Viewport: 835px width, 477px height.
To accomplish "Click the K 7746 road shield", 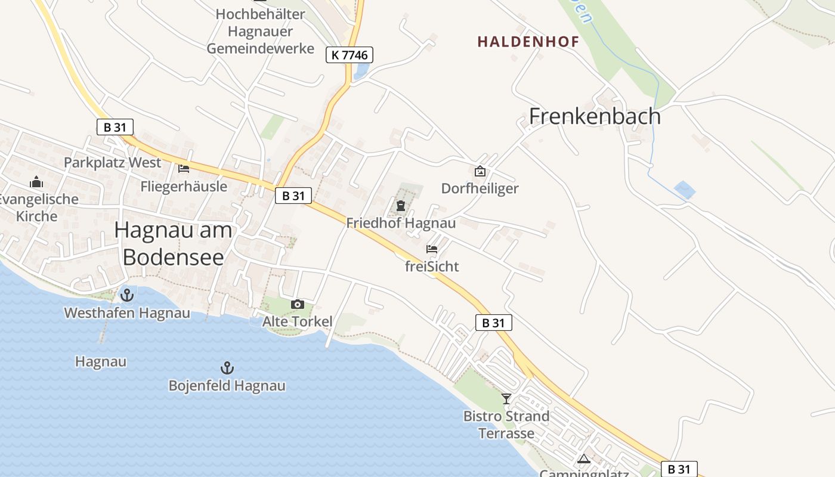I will [x=350, y=55].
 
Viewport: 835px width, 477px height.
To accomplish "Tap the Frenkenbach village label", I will [x=595, y=116].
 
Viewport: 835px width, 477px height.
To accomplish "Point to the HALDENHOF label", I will [x=528, y=42].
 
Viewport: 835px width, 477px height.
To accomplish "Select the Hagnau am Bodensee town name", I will [x=173, y=243].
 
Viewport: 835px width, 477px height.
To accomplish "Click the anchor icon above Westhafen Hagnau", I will [x=126, y=295].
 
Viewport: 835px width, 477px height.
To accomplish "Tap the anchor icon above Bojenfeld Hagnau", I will [x=227, y=367].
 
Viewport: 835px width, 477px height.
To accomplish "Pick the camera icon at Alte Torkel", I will [x=297, y=305].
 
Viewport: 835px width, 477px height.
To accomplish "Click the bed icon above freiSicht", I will [x=432, y=249].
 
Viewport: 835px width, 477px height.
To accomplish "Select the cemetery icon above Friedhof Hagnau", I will [x=400, y=206].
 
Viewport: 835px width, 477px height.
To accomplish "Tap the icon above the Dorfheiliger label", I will [x=480, y=172].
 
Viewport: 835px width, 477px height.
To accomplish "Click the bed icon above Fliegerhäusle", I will [x=184, y=169].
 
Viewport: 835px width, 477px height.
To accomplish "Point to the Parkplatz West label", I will [x=112, y=162].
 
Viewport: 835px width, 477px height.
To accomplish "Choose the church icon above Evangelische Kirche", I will [x=36, y=182].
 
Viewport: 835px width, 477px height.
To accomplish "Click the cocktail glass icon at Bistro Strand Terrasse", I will [x=506, y=398].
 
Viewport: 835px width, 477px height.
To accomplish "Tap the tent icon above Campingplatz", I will [x=584, y=459].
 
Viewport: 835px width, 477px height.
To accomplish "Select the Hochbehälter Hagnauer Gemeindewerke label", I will [x=260, y=31].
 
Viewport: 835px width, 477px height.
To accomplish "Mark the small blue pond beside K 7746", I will [x=361, y=71].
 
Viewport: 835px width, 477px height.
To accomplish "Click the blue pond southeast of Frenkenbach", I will [x=685, y=190].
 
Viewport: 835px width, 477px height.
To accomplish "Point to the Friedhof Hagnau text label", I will [x=401, y=224].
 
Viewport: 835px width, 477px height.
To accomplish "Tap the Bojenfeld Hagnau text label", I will [x=227, y=386].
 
